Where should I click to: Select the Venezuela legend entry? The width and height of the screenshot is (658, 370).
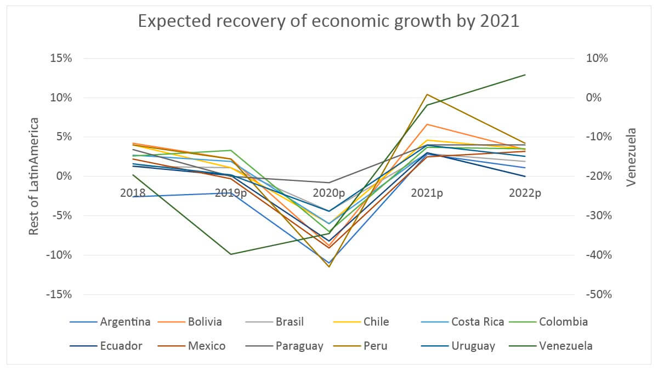565,346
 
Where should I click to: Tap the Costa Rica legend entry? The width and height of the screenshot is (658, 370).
478,322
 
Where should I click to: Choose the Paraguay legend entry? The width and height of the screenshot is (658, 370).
299,346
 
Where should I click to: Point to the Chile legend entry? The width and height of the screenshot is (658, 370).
376,322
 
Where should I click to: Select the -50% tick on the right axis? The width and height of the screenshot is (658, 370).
598,294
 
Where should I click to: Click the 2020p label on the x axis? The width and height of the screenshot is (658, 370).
329,193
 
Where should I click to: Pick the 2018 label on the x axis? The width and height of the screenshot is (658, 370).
133,193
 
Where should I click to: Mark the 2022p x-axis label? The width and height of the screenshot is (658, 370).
525,193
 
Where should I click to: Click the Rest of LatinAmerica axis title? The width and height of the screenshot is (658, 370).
34,176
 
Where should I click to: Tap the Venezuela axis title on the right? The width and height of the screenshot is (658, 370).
631,157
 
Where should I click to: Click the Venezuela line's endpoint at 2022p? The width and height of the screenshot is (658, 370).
525,75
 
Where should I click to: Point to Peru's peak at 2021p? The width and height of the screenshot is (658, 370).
427,94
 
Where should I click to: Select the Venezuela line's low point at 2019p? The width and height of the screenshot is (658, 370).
231,254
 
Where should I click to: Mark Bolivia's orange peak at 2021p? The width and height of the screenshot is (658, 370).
427,124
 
